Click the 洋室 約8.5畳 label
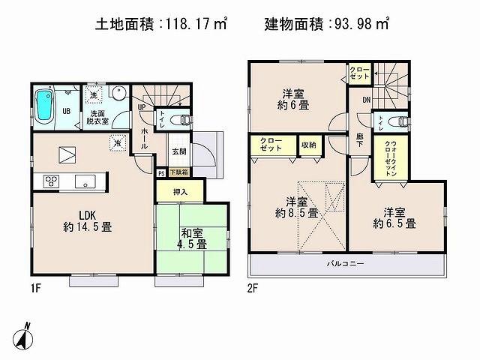pyautogui.click(x=295, y=207)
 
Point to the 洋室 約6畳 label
pyautogui.click(x=291, y=100)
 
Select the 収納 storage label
pyautogui.click(x=308, y=145)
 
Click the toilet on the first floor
pyautogui.click(x=181, y=119)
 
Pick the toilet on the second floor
pyautogui.click(x=398, y=121)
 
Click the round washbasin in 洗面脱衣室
pyautogui.click(x=118, y=94)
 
